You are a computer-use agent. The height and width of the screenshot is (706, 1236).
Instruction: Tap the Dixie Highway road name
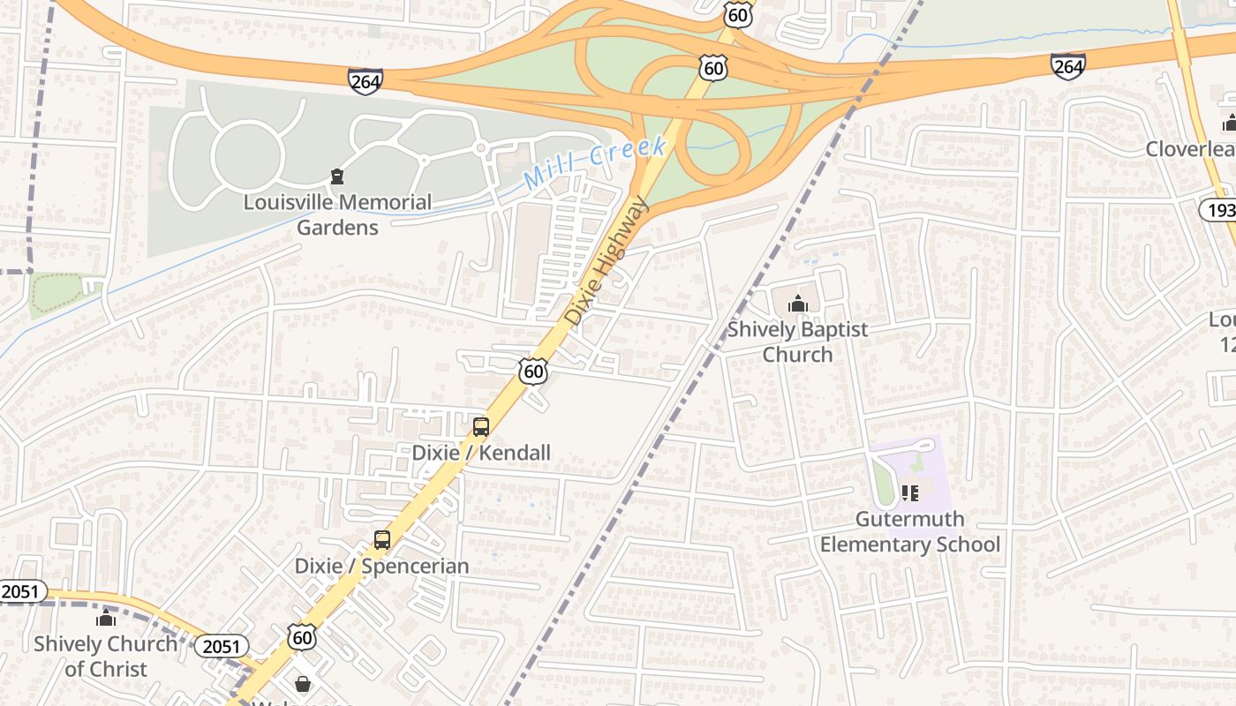pyautogui.click(x=607, y=261)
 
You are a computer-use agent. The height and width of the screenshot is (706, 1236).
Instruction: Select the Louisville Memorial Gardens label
pyautogui.click(x=337, y=214)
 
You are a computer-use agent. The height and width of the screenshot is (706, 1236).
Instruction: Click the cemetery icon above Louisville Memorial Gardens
pyautogui.click(x=336, y=176)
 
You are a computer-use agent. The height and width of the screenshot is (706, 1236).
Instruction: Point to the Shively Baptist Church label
pyautogui.click(x=797, y=342)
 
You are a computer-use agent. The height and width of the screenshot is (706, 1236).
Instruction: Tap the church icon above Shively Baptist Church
pyautogui.click(x=798, y=304)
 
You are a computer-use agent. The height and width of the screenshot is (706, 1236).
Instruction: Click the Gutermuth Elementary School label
pyautogui.click(x=910, y=531)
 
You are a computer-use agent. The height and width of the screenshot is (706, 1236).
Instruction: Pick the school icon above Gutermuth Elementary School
pyautogui.click(x=910, y=492)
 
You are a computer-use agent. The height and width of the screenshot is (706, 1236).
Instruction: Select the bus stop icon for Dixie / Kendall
pyautogui.click(x=481, y=427)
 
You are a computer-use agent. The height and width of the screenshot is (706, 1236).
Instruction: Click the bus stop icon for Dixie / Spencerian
pyautogui.click(x=382, y=540)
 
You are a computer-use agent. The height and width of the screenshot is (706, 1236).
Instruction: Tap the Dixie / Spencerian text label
pyautogui.click(x=381, y=566)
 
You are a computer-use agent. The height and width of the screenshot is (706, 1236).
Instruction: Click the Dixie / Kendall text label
pyautogui.click(x=481, y=453)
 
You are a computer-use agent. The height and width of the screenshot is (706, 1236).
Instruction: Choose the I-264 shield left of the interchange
pyautogui.click(x=365, y=81)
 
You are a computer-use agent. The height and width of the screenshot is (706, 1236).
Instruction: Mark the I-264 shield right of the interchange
pyautogui.click(x=1067, y=65)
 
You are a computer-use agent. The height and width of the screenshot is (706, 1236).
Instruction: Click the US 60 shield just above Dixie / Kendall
pyautogui.click(x=533, y=372)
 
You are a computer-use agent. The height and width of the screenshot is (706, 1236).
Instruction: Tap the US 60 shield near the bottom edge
pyautogui.click(x=301, y=636)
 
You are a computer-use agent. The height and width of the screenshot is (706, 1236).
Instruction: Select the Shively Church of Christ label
pyautogui.click(x=105, y=656)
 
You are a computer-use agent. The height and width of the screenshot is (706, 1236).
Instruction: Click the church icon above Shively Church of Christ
pyautogui.click(x=106, y=618)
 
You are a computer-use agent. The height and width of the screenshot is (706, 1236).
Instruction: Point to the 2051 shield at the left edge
pyautogui.click(x=21, y=591)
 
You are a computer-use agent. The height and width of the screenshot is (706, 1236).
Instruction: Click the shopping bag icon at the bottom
pyautogui.click(x=303, y=684)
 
